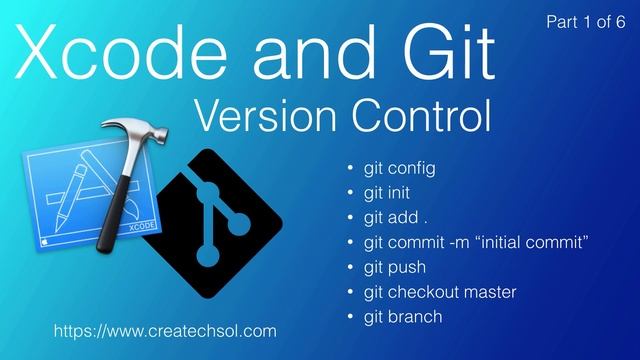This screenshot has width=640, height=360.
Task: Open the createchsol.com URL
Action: pyautogui.click(x=165, y=330)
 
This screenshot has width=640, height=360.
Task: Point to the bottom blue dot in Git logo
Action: pyautogui.click(x=205, y=257)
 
